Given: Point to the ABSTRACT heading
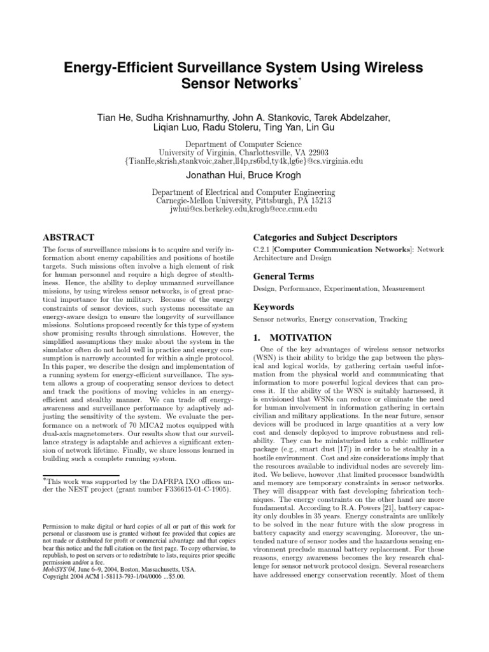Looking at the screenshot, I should pyautogui.click(x=68, y=237).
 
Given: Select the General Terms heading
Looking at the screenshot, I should pyautogui.click(x=283, y=276).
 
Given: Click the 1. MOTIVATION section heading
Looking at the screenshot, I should pyautogui.click(x=292, y=337).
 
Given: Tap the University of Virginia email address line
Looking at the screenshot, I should pyautogui.click(x=244, y=161).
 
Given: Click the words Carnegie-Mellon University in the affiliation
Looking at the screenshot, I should pyautogui.click(x=206, y=200).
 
